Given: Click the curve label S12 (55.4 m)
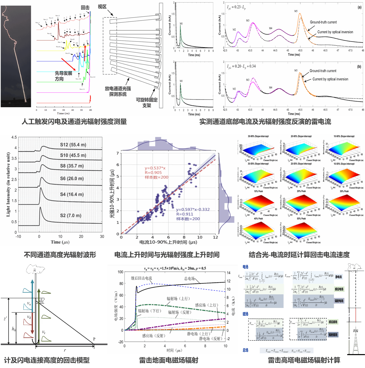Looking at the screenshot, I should point(73,145).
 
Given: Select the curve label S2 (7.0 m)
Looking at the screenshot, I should point(71,215).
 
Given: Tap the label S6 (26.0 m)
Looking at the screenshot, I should point(72,179).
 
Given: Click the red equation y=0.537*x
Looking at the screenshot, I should point(155,168).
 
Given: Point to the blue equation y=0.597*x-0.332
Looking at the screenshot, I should point(193,210).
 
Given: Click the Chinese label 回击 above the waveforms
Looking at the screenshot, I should point(85,7).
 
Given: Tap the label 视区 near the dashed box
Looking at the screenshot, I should point(102,7).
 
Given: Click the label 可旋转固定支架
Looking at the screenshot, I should point(147,102).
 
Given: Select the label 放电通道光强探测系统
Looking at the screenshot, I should point(118,91).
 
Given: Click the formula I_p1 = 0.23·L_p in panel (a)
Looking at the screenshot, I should point(236,7).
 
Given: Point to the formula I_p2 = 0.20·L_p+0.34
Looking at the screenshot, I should point(241,66).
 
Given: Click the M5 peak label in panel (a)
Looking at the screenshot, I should point(296,11).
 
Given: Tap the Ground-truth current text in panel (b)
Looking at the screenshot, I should point(323,71).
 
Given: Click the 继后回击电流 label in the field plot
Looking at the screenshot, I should point(141,278).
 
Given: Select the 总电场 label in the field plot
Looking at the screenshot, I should point(189,279).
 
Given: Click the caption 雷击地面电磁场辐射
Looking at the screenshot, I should point(169,360).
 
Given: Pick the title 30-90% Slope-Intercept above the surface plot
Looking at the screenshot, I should point(258,136).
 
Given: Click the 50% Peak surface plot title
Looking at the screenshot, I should point(301,219).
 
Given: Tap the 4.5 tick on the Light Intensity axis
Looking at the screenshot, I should point(14,137).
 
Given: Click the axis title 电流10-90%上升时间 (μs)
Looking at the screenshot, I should point(168,242).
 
